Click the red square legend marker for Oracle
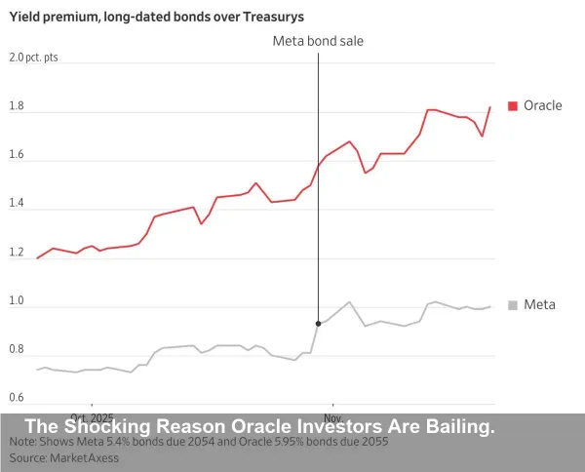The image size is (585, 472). (x=514, y=105)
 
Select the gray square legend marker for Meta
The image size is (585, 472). (x=514, y=304)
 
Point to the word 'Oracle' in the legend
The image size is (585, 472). (x=543, y=105)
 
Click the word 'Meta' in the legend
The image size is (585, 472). (x=540, y=304)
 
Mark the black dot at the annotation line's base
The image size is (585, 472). (x=319, y=323)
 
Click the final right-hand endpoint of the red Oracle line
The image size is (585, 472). (x=489, y=107)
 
